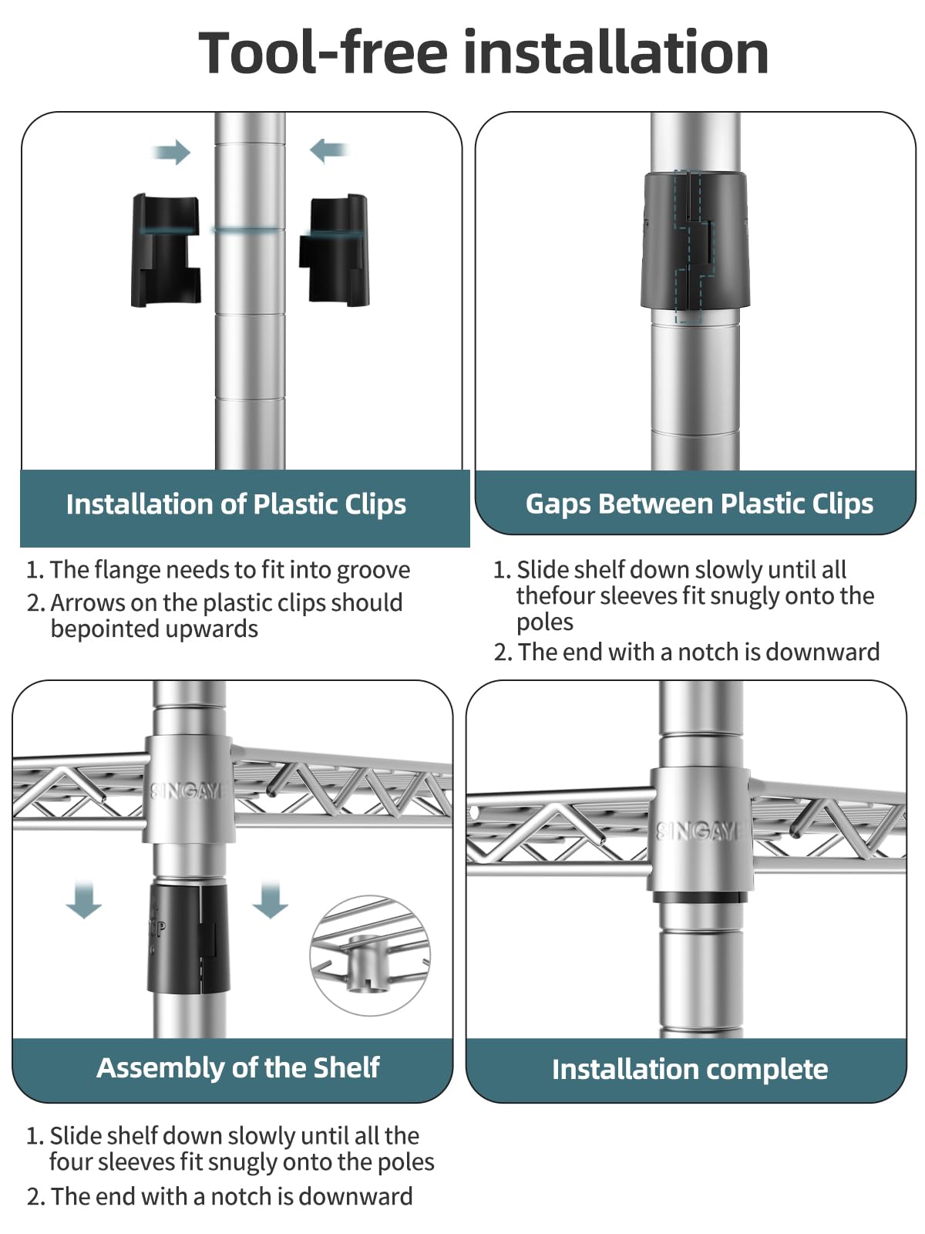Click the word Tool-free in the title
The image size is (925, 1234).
(x=323, y=52)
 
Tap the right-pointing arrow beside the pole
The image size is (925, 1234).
(x=172, y=152)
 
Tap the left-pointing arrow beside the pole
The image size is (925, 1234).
(x=328, y=150)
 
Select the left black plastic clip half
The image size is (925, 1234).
(x=166, y=250)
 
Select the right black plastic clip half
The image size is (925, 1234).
(x=335, y=250)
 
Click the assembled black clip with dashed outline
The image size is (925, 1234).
(x=695, y=241)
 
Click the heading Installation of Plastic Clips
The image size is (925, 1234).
(x=236, y=504)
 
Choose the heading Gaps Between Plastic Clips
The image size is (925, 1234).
(x=699, y=504)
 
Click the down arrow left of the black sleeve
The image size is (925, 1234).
(x=84, y=900)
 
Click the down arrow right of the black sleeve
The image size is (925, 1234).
(x=270, y=900)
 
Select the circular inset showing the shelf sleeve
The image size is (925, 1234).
(x=370, y=955)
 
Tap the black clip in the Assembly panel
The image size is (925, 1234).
(x=188, y=938)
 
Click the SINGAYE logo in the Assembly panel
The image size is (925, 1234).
(x=188, y=791)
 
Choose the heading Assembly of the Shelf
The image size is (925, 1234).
(x=238, y=1067)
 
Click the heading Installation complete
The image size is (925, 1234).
(x=690, y=1069)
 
